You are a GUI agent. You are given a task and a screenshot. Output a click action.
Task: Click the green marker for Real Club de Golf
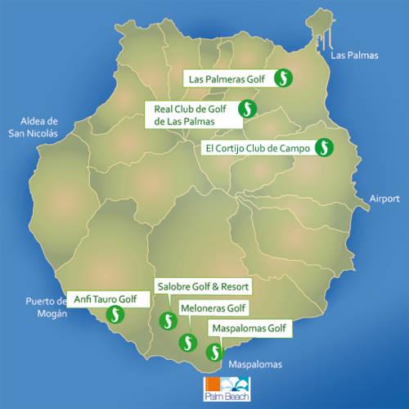coord(246,108)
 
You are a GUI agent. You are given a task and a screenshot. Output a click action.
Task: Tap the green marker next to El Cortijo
coord(325,147)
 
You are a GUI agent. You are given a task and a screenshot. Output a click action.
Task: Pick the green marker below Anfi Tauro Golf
coord(117,315)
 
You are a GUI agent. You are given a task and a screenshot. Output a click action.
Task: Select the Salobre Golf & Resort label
coord(202,288)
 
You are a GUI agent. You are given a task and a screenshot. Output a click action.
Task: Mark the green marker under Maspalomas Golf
coord(214,353)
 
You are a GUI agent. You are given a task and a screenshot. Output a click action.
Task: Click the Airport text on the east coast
coord(384,199)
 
